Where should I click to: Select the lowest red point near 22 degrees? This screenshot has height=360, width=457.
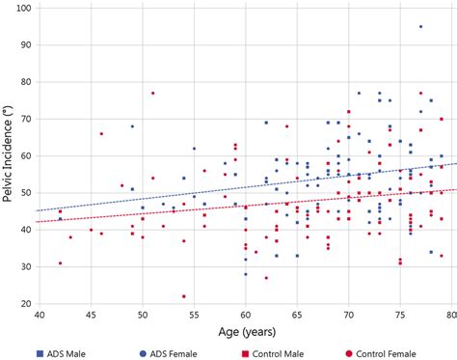(x=183, y=296)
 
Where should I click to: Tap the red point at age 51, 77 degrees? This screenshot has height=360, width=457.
(x=152, y=94)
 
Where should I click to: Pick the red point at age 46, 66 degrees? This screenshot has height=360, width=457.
(x=101, y=134)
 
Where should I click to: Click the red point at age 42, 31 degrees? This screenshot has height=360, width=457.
(x=60, y=263)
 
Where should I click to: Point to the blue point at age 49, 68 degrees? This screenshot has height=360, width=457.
(x=132, y=126)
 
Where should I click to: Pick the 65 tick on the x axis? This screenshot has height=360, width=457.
(x=298, y=315)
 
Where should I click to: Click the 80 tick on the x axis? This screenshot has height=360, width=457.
(x=450, y=315)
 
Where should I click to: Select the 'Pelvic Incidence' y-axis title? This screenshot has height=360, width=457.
(x=9, y=156)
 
